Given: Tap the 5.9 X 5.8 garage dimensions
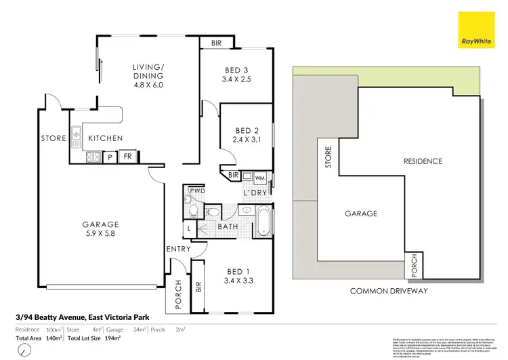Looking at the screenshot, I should coord(100,234).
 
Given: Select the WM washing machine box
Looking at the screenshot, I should coord(261,177).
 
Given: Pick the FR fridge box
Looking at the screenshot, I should coord(127,157).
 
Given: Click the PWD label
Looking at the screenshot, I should coord(197,192).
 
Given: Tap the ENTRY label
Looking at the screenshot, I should coord(177,250).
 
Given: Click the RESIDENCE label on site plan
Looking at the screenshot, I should coord(423,161).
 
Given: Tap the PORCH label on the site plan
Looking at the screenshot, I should coord(415,266).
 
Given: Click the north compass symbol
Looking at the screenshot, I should coord(24,351).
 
